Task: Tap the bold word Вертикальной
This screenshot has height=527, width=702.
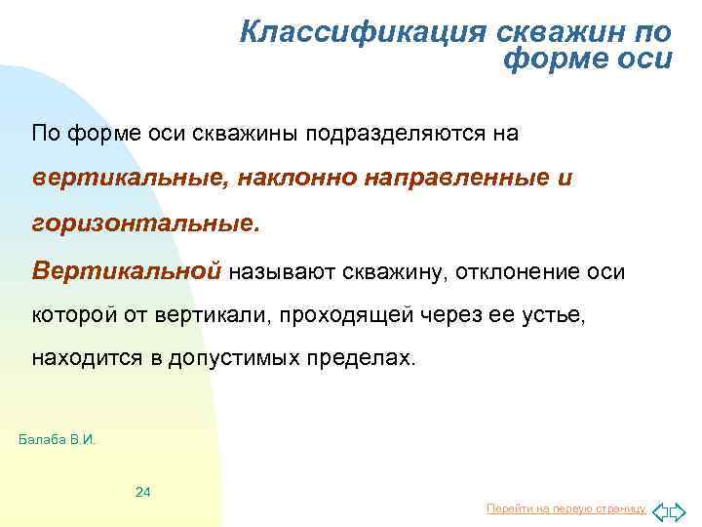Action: (x=126, y=269)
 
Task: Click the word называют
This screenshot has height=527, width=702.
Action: (x=281, y=269)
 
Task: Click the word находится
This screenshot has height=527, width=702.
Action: (x=86, y=359)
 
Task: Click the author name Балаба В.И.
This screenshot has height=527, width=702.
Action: (x=58, y=439)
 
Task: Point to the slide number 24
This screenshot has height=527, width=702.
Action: (x=142, y=491)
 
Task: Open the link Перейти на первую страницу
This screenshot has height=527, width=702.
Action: (x=565, y=509)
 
